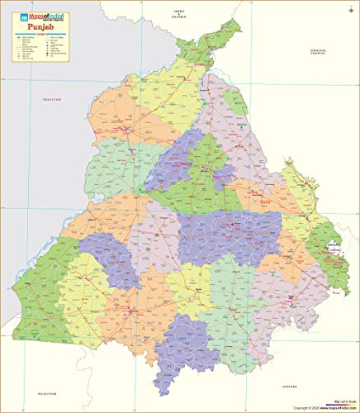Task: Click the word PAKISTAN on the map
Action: click(x=52, y=99)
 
